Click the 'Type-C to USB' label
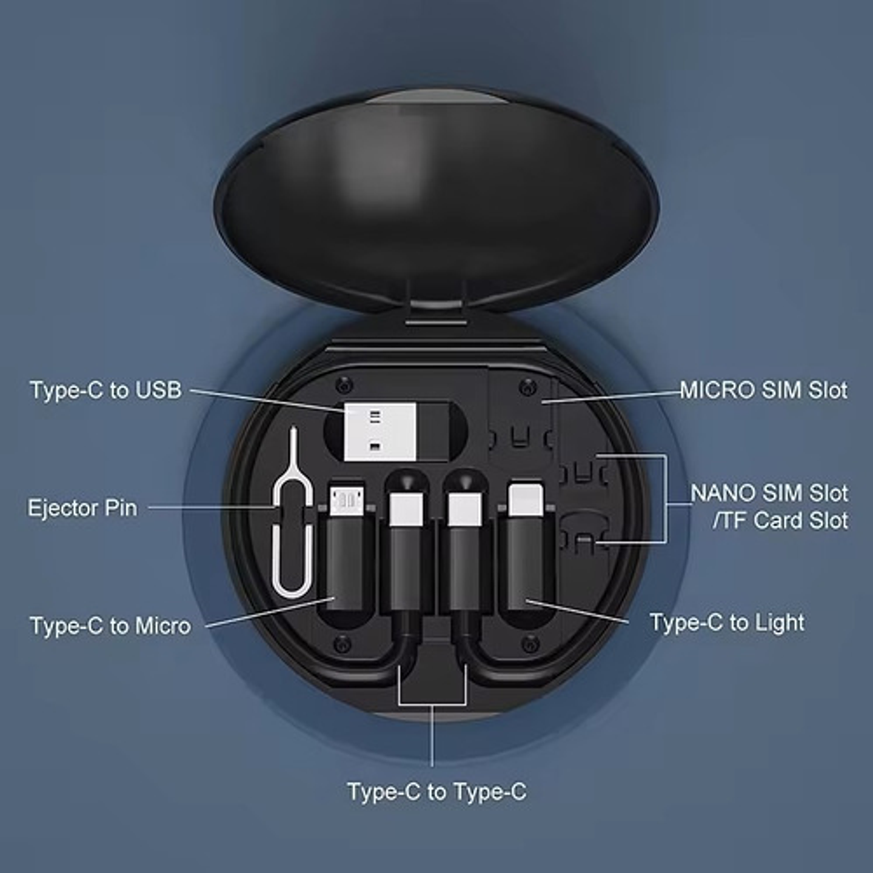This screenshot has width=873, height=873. click(x=105, y=390)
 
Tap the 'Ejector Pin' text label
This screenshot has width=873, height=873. click(x=82, y=507)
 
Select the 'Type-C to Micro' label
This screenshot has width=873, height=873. click(x=110, y=626)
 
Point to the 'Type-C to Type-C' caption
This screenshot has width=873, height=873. click(x=436, y=792)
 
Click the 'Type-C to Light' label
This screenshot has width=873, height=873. click(x=727, y=623)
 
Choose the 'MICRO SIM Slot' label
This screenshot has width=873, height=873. click(x=763, y=390)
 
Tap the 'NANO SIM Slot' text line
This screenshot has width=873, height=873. click(x=769, y=493)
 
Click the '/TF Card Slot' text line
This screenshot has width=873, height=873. click(x=780, y=521)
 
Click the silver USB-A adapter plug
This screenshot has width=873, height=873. click(x=380, y=431)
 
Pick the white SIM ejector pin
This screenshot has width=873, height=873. click(x=293, y=515)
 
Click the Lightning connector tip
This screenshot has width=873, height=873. click(x=525, y=499)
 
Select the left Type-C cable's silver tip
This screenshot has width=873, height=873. click(x=405, y=509)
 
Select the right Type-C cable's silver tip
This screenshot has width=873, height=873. click(x=464, y=509)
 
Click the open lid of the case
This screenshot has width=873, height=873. click(x=436, y=200)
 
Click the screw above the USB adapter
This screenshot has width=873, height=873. click(x=344, y=384)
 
